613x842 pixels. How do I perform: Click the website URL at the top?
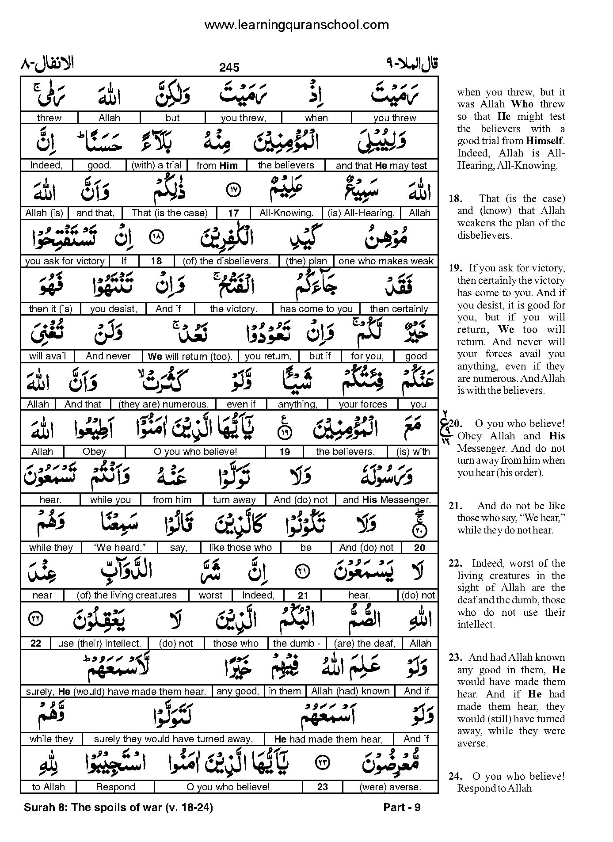(x=297, y=25)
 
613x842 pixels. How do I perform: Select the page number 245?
(x=229, y=67)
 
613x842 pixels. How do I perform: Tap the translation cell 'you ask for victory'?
(x=65, y=261)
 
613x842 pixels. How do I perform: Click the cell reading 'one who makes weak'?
(x=386, y=261)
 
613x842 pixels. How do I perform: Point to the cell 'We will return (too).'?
(x=190, y=356)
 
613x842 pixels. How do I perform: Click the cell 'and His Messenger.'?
(x=387, y=500)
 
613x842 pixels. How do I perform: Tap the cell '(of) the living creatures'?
(x=126, y=595)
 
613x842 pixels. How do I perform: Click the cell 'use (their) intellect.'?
(x=99, y=644)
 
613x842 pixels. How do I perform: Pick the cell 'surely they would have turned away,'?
(x=174, y=739)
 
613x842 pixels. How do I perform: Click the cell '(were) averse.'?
(x=390, y=787)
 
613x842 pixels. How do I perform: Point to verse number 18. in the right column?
(x=455, y=199)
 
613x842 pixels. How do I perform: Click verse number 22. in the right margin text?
(x=455, y=564)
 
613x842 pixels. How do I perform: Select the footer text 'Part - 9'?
(x=402, y=808)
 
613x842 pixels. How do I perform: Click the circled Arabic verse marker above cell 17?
(x=233, y=191)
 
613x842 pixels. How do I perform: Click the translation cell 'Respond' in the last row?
(x=115, y=787)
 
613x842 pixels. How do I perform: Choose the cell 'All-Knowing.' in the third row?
(x=286, y=213)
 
